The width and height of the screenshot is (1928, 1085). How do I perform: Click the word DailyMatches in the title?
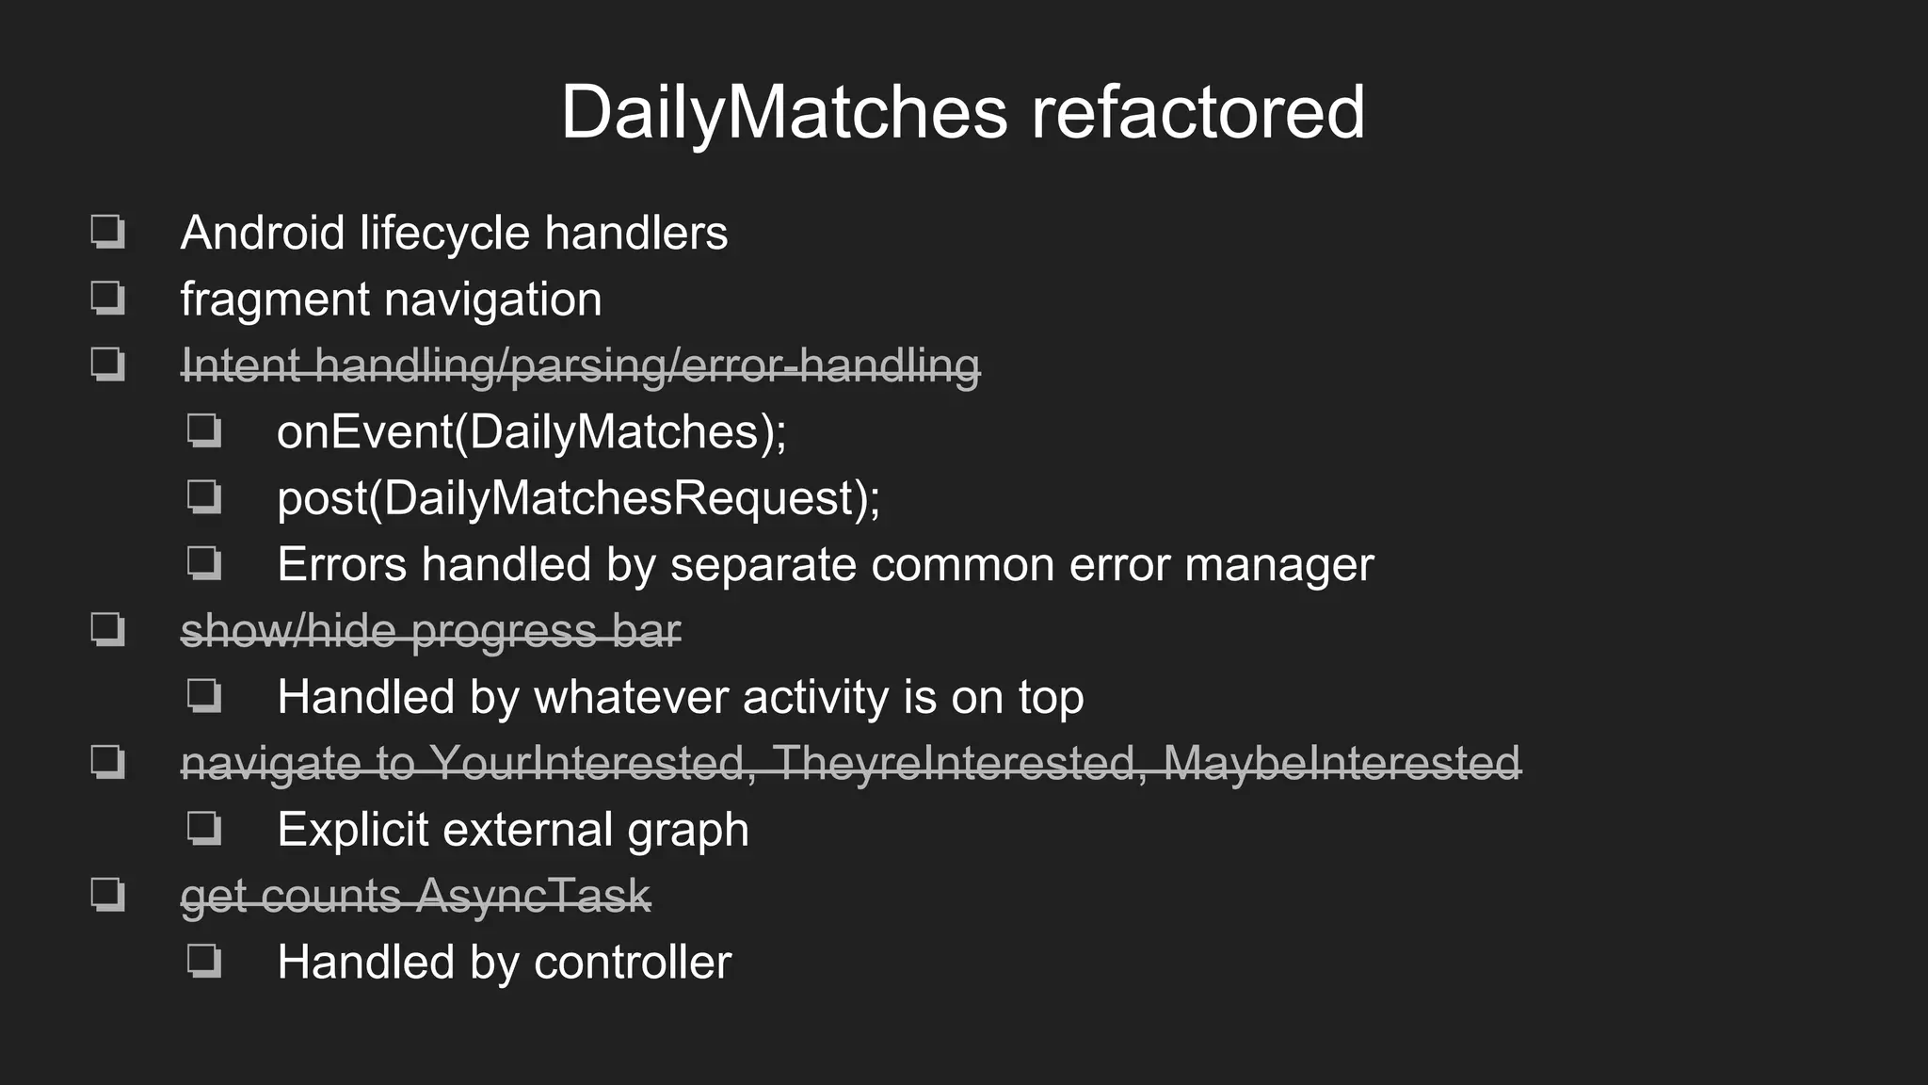(x=783, y=113)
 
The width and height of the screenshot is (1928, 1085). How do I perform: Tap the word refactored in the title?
(x=1197, y=113)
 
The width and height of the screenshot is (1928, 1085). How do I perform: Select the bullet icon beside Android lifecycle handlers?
(x=107, y=232)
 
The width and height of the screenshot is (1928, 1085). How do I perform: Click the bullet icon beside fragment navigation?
(x=107, y=299)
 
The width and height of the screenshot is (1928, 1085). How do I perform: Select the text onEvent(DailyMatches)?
(x=531, y=432)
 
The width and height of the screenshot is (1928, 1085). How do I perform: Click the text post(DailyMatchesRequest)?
(x=578, y=498)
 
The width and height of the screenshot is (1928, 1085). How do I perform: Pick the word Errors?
(x=342, y=565)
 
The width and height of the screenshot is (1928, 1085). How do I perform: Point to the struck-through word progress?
(x=504, y=632)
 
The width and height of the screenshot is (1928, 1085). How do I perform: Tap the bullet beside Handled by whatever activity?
(x=204, y=696)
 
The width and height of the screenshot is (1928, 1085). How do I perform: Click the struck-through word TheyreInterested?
(x=957, y=763)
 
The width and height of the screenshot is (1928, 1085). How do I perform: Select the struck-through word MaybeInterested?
(x=1342, y=763)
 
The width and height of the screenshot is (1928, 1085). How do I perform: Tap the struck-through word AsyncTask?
(x=534, y=896)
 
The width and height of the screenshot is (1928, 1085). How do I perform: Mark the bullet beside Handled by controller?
(x=204, y=962)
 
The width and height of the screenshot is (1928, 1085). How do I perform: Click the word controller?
(x=632, y=963)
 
